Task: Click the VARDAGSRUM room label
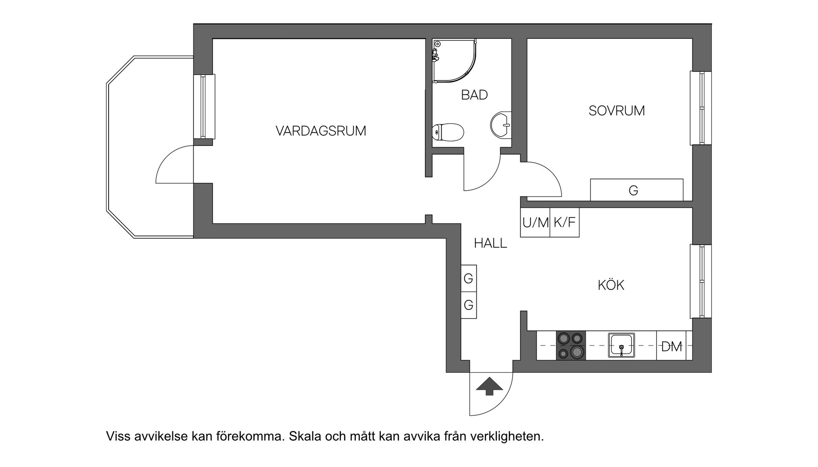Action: (320, 131)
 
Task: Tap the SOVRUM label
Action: (616, 111)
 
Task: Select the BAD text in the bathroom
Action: (474, 95)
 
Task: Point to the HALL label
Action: (490, 244)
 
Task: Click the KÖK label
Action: (611, 285)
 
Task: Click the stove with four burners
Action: (571, 345)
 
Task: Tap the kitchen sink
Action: (621, 345)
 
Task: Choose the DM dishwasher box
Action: (672, 346)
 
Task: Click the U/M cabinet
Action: (535, 222)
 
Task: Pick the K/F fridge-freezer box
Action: (565, 222)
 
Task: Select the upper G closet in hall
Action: (468, 278)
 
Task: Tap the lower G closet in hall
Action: (468, 305)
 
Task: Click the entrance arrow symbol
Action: (490, 386)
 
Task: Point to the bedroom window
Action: (701, 108)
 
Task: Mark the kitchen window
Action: (701, 281)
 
